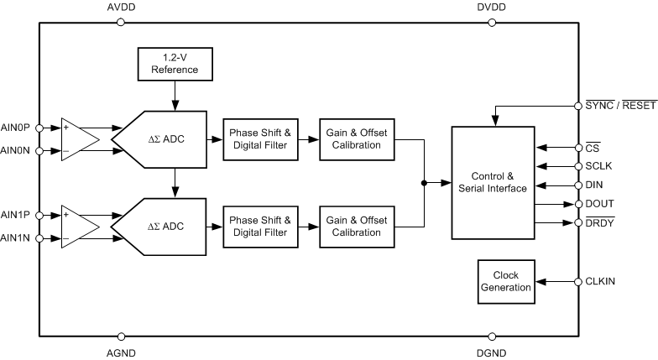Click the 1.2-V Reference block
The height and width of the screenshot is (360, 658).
pos(175,63)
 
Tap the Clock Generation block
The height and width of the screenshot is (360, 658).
pos(506,280)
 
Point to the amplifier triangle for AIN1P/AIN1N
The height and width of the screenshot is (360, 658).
pos(78,226)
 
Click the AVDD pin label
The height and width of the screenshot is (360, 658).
pos(121,8)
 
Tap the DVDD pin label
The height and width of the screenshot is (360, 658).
pos(493,8)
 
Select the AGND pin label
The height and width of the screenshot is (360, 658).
pos(121,353)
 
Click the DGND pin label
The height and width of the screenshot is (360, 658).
pos(493,353)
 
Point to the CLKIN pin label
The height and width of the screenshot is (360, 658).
pos(601,281)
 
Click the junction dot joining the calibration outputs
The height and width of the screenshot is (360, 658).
pos(426,181)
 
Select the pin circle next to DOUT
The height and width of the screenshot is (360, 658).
pos(578,204)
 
